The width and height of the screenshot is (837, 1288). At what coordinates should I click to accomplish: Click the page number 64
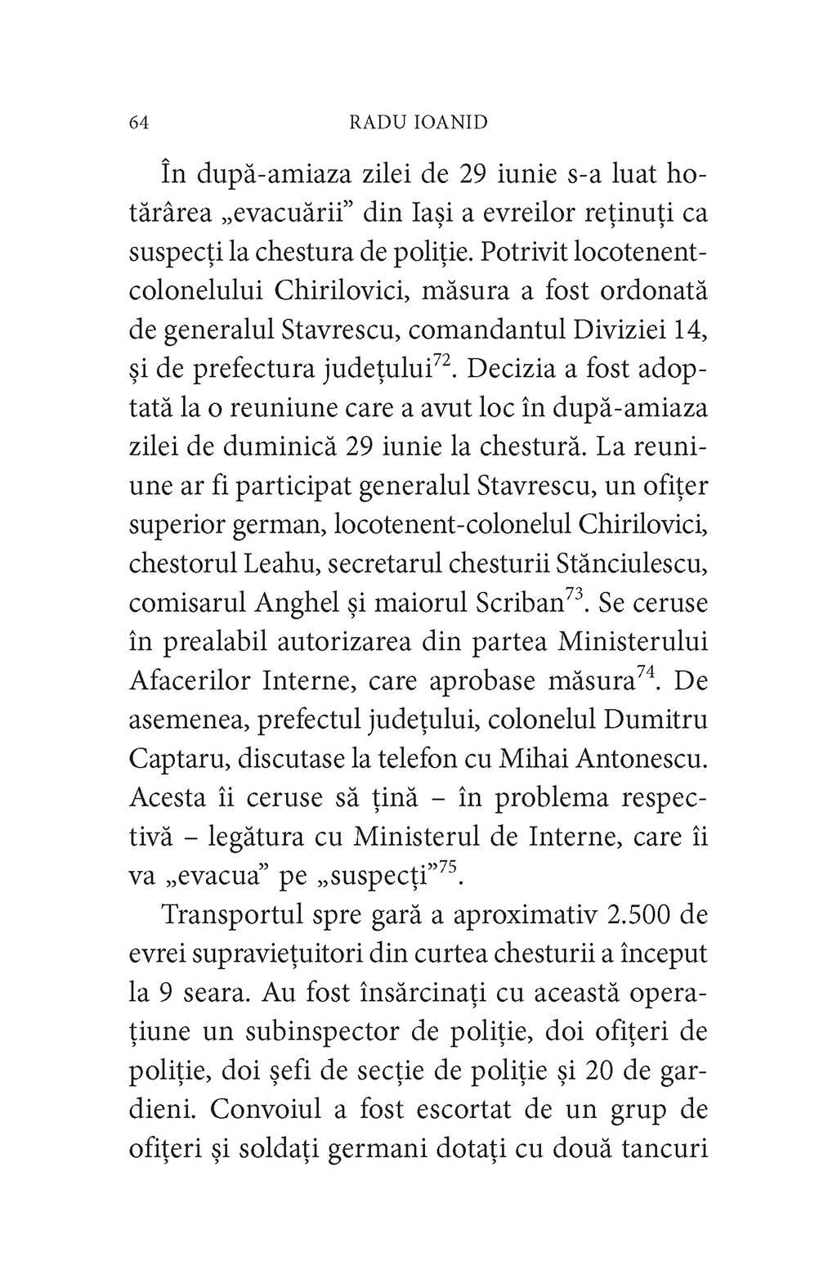click(138, 123)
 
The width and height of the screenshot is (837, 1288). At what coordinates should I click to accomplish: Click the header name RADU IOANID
click(418, 123)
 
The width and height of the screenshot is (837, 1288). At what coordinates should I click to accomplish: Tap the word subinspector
click(328, 1032)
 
